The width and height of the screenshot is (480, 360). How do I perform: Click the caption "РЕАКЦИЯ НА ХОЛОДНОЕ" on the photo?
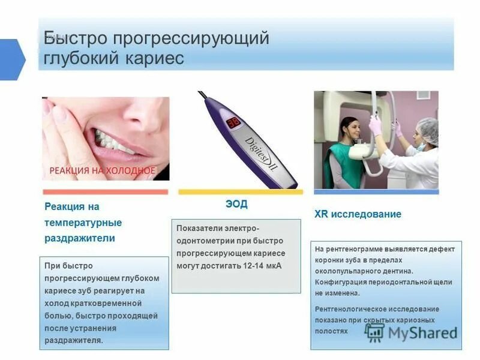102,171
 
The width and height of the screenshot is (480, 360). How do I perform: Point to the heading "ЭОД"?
236,204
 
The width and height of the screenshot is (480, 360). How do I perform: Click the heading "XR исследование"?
358,214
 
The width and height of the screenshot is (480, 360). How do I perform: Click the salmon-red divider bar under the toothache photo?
106,192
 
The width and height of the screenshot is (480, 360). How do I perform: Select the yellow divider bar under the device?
241,192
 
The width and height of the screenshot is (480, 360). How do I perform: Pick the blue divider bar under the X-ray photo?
376,192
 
